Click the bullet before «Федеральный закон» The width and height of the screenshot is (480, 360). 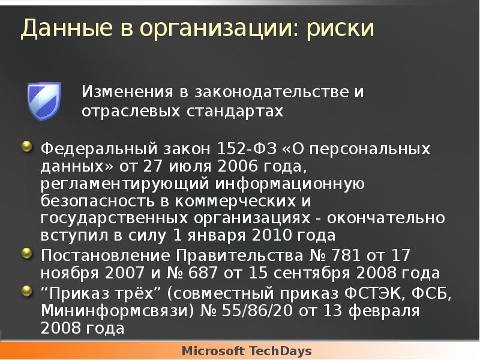(27, 148)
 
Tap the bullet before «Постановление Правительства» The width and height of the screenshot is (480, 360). (27, 253)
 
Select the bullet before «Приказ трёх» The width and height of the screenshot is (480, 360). (27, 292)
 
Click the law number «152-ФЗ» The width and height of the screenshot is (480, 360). (241, 148)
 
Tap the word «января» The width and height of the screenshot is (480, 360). (221, 235)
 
